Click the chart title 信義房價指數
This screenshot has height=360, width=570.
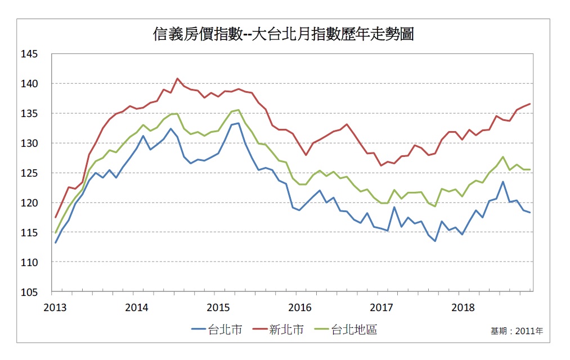click(x=284, y=35)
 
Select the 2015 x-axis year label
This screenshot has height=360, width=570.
click(x=219, y=308)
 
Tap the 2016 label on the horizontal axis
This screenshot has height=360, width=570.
click(x=300, y=308)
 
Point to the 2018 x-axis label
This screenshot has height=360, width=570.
click(x=463, y=308)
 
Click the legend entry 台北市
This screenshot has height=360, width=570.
click(x=217, y=330)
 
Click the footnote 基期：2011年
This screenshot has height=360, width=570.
click(x=517, y=331)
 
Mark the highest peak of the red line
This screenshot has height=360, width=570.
click(x=177, y=79)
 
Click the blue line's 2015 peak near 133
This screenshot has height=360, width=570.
click(x=238, y=123)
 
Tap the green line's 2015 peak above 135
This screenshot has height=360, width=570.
click(x=238, y=110)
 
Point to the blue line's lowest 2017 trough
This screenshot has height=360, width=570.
click(x=435, y=241)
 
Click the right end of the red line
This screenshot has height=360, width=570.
click(x=530, y=103)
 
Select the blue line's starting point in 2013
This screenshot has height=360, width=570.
click(x=56, y=242)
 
